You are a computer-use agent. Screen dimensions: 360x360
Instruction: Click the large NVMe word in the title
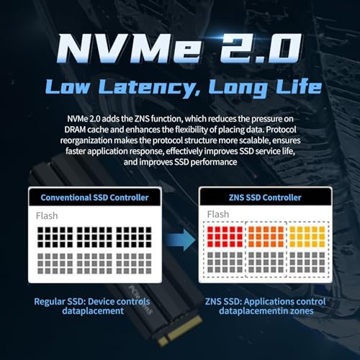(x=129, y=48)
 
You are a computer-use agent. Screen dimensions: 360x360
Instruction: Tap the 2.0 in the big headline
(x=261, y=48)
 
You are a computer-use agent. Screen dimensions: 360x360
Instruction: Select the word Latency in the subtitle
(x=149, y=87)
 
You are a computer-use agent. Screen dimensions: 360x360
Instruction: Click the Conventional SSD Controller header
(x=94, y=197)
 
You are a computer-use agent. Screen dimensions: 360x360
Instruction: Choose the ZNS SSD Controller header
(x=265, y=197)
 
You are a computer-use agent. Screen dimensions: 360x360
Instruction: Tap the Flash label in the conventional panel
(x=47, y=216)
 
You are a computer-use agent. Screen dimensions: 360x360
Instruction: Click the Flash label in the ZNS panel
(x=218, y=215)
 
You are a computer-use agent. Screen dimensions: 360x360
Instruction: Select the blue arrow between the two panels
(x=181, y=240)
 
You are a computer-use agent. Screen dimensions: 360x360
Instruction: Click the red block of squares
(x=225, y=237)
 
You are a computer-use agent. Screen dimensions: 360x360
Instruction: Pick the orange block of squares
(x=266, y=237)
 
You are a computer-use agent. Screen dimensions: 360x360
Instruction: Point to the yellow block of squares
(x=307, y=237)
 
